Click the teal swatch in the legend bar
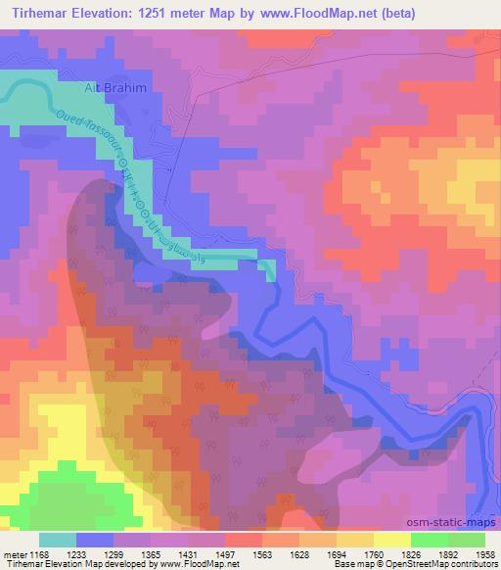tap(58, 540)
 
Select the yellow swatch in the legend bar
tap(392, 540)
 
